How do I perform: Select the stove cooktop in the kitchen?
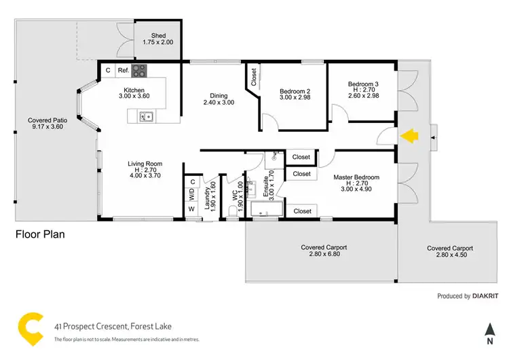click(x=138, y=70)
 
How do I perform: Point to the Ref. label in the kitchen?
click(x=124, y=70)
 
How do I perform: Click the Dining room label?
click(x=219, y=99)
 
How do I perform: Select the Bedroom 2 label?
click(x=295, y=95)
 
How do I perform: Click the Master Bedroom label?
click(x=356, y=181)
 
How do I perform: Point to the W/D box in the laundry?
click(x=191, y=194)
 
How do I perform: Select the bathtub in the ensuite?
click(x=266, y=210)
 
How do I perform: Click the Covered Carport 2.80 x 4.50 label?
click(x=449, y=252)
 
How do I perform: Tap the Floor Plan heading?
click(x=40, y=234)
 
